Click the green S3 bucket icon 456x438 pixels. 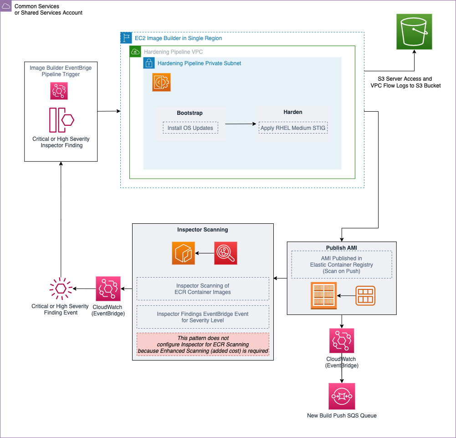coord(414,31)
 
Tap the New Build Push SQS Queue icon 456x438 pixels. coord(342,396)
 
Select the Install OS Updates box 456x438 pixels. coord(190,128)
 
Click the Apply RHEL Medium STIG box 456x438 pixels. coord(293,128)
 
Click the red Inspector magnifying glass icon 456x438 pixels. coord(225,253)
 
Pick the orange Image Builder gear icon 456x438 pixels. coord(161,82)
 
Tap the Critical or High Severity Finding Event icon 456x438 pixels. coord(61,289)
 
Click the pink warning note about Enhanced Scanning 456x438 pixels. coord(203,345)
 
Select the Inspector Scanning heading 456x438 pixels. coord(203,230)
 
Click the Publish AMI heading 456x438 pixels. coord(342,247)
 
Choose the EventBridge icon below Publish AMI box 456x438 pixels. coord(342,340)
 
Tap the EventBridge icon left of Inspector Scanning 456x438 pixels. coord(108,289)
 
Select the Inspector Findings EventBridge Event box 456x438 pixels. coord(203,317)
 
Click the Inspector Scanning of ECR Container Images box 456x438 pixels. coord(203,289)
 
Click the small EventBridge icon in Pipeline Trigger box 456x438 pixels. coord(59,91)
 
